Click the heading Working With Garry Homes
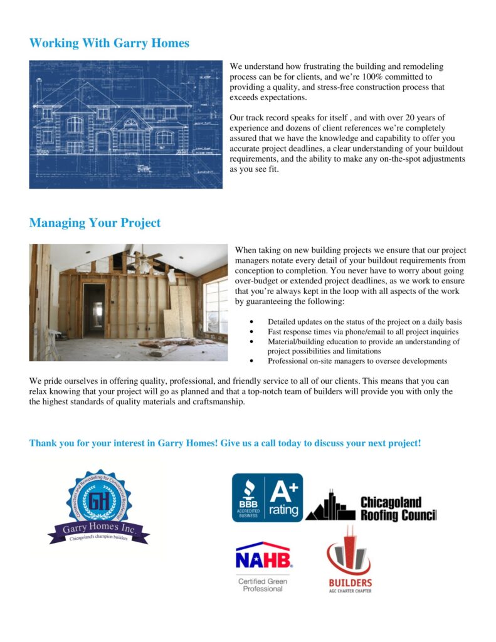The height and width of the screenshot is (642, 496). pos(109,43)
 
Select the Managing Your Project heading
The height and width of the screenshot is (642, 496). pos(95,223)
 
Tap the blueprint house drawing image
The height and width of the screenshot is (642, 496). pos(125,124)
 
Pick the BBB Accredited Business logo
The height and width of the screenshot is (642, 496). pos(248,498)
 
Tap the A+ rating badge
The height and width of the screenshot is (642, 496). pos(284,498)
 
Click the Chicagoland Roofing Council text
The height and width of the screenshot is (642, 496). pos(398,508)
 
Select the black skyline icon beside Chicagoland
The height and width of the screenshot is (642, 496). pos(330,507)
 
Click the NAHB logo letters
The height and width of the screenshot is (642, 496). pos(263,557)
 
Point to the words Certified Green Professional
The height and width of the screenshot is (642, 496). pos(263,585)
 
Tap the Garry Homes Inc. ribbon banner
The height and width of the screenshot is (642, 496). pos(98,530)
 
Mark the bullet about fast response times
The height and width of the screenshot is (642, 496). pos(362,332)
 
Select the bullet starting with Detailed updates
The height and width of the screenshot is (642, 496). pos(364,322)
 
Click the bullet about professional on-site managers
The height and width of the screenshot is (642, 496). pos(357,361)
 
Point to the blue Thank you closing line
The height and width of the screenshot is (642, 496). pos(225,443)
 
